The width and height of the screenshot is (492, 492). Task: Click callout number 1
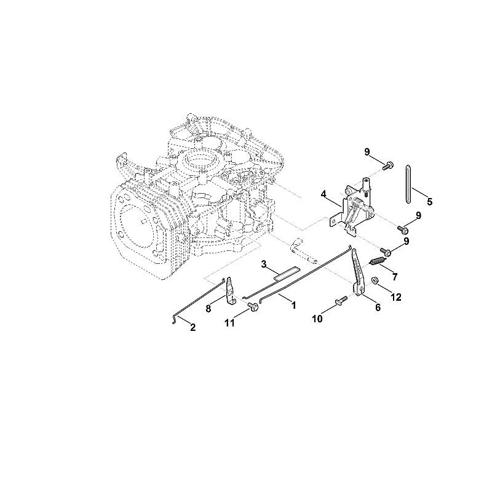pyautogui.click(x=294, y=305)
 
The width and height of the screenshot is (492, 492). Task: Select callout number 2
pyautogui.click(x=193, y=328)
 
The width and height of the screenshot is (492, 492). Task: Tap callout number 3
pyautogui.click(x=264, y=264)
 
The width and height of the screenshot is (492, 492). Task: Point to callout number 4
pyautogui.click(x=324, y=194)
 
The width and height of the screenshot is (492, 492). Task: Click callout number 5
pyautogui.click(x=429, y=202)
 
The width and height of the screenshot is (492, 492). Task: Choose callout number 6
pyautogui.click(x=378, y=307)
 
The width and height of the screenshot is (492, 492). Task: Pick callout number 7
pyautogui.click(x=395, y=277)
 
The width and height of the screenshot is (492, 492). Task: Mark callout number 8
pyautogui.click(x=208, y=309)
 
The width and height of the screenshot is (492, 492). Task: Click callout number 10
pyautogui.click(x=317, y=319)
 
